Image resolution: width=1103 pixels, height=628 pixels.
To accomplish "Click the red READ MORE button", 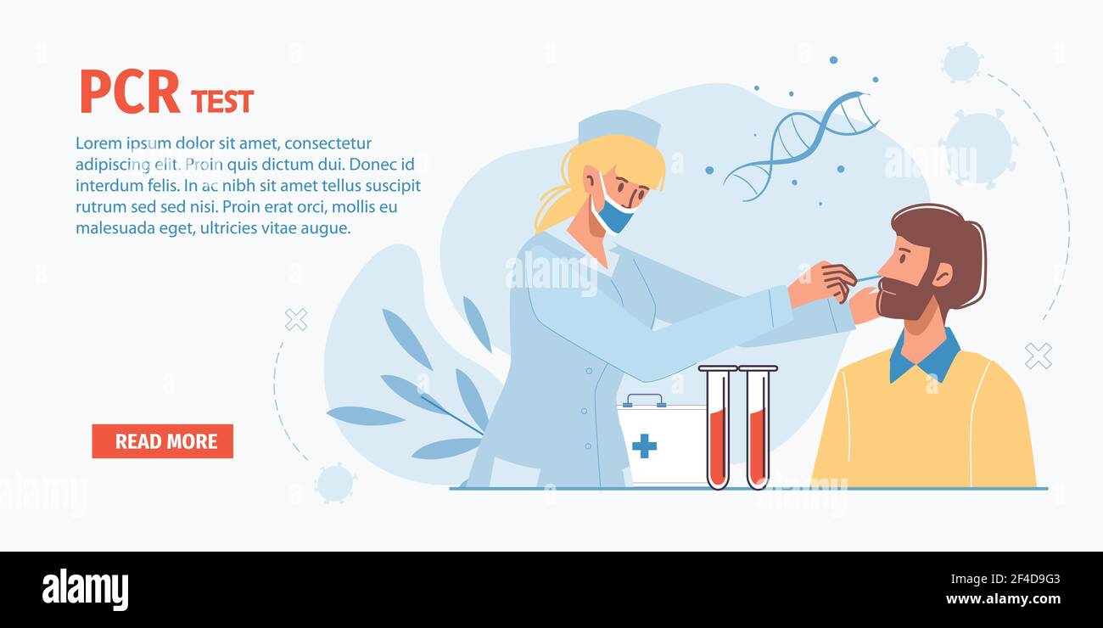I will pos(162,441).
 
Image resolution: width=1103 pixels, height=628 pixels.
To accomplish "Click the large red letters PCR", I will pos(130,93).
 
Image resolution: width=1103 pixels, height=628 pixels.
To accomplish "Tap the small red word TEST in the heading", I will pos(222,102).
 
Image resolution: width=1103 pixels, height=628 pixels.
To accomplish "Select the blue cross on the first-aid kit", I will pos(644,446).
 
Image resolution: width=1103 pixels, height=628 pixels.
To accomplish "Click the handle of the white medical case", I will pos(644,399).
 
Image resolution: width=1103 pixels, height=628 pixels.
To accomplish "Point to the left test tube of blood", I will pos(717,429).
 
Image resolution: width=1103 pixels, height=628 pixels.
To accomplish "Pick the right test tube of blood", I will pos(757,429).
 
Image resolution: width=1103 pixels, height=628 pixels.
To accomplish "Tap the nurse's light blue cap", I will pos(619,126).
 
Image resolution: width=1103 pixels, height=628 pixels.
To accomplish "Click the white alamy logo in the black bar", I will pos(85,590).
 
